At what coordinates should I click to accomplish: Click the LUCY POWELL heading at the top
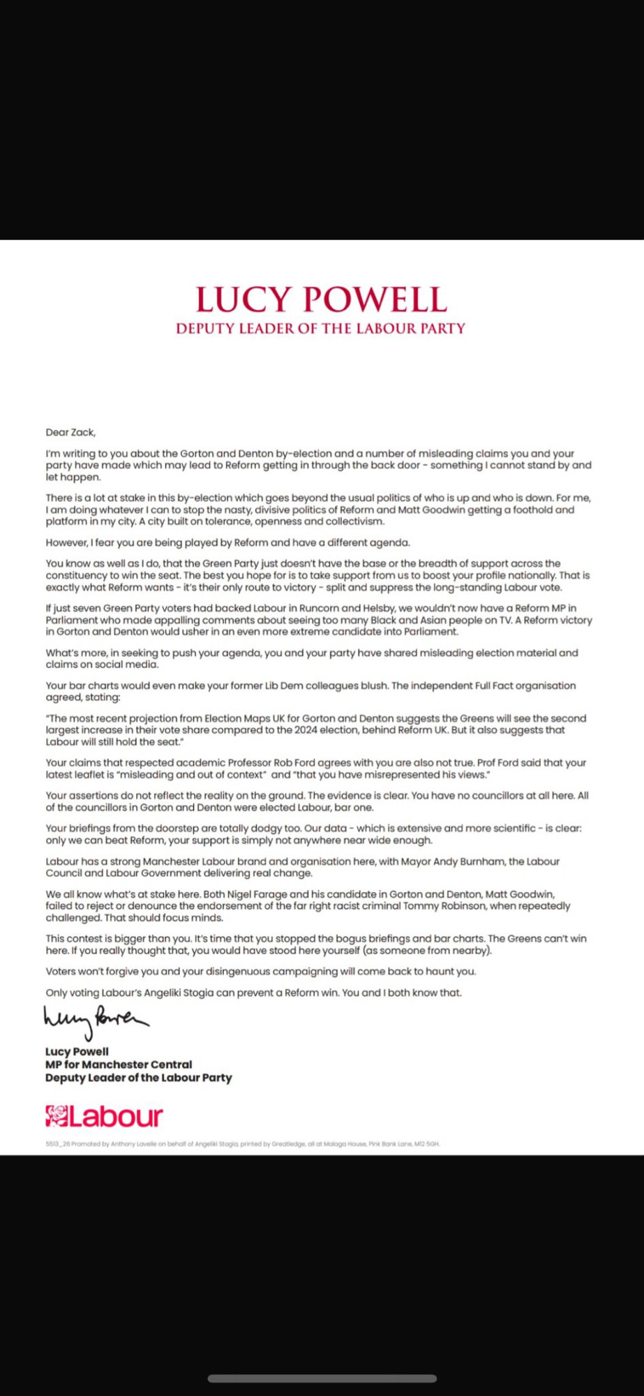[x=321, y=299]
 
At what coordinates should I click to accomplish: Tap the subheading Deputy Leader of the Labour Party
[x=321, y=329]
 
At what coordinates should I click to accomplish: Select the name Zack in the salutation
[x=82, y=433]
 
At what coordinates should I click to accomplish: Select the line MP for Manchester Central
[x=119, y=1064]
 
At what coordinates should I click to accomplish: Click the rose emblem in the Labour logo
[x=57, y=1116]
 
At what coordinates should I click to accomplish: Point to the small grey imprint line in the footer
[x=242, y=1144]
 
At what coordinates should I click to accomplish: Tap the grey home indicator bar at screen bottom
[x=322, y=1379]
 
